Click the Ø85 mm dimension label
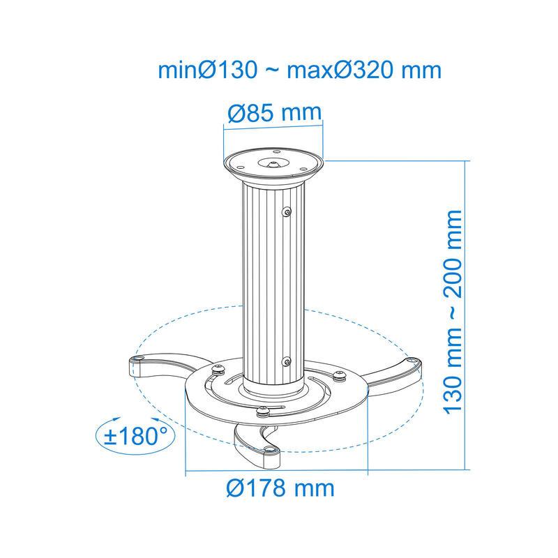tap(274, 112)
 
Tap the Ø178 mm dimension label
tap(280, 488)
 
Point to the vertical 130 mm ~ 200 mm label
tap(452, 312)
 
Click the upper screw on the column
tap(287, 213)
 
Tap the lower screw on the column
tap(287, 362)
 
